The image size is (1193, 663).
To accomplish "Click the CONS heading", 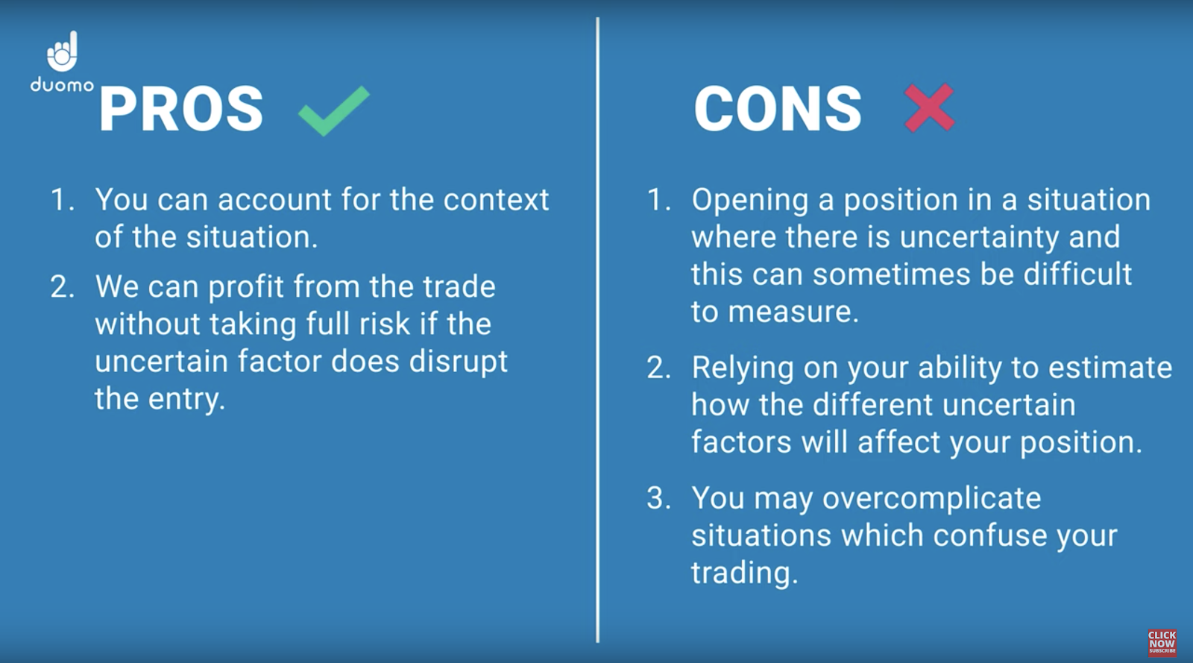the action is click(x=778, y=109).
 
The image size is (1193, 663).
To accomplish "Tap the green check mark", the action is click(x=334, y=111).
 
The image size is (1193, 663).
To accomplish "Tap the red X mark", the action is click(x=929, y=107).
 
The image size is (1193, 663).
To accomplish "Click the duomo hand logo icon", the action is click(x=63, y=51).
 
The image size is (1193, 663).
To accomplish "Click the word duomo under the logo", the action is click(x=63, y=85).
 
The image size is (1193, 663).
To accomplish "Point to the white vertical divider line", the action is click(x=597, y=330).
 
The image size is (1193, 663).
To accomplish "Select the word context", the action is click(x=496, y=200).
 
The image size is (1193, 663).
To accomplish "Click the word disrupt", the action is click(x=459, y=362).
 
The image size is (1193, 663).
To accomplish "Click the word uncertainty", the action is click(x=980, y=237).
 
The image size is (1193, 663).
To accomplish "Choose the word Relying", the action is click(x=743, y=368).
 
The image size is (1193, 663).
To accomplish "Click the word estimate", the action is click(x=1110, y=368).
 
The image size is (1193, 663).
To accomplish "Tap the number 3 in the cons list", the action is click(x=655, y=498).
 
